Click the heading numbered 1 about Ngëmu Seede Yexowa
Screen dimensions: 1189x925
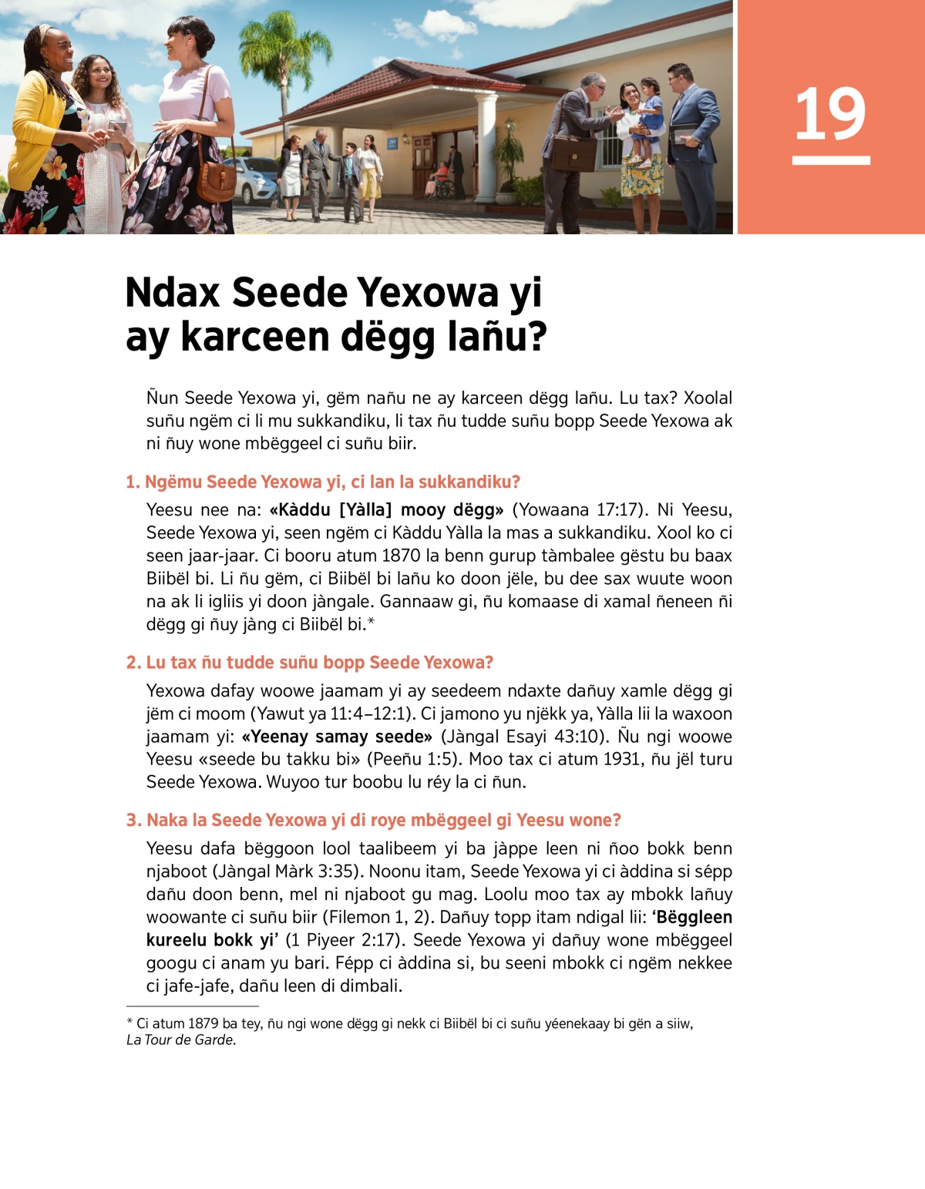pos(323,482)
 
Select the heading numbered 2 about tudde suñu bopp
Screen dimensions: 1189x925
pos(309,663)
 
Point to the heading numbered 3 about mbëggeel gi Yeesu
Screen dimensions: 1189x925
pos(373,820)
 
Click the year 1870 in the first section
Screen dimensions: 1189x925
pos(399,556)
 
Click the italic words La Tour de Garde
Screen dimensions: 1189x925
pos(181,1040)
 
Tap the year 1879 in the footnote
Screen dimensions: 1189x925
pos(203,1024)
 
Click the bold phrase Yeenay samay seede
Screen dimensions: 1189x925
pos(338,737)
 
